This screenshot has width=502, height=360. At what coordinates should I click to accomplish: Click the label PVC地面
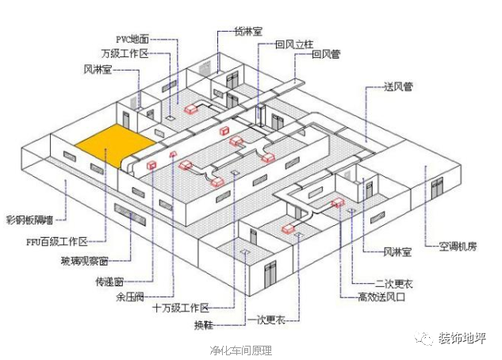[133, 38]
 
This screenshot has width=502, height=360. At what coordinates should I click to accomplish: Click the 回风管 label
[328, 55]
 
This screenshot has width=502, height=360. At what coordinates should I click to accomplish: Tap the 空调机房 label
[458, 246]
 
